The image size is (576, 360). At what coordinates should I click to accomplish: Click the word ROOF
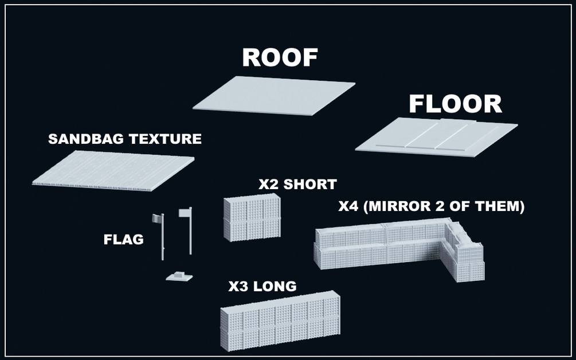[280, 58]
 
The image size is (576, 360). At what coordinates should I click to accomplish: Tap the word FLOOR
[456, 104]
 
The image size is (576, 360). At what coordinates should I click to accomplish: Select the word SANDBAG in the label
[87, 139]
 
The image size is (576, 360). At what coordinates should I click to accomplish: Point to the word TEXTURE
[165, 139]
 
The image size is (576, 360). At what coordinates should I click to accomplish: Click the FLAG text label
[123, 240]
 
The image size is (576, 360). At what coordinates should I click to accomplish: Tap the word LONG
[275, 286]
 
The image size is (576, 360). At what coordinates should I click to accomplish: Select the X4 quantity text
[348, 206]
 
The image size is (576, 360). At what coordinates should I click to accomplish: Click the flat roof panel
[274, 96]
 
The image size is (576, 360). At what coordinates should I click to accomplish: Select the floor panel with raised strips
[436, 137]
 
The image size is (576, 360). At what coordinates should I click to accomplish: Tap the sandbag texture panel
[113, 171]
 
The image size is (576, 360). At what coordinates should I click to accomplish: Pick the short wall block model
[252, 217]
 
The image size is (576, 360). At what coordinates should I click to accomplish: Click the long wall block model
[280, 320]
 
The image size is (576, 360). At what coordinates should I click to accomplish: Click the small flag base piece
[179, 276]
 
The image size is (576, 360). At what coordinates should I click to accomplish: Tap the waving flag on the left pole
[157, 218]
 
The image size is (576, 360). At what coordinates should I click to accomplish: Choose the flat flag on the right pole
[184, 213]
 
